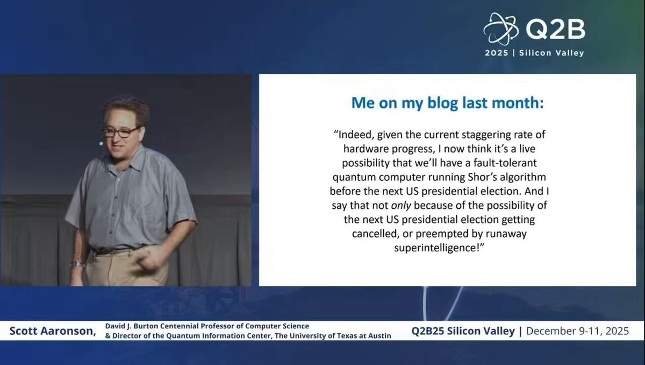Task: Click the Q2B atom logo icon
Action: (501, 29)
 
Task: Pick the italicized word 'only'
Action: (401, 206)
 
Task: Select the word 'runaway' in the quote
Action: (506, 234)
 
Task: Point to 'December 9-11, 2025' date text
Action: (577, 331)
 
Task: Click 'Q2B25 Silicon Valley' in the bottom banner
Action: (463, 331)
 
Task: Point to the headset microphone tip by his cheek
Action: (101, 143)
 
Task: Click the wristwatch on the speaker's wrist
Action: (76, 263)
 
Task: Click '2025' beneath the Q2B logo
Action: (497, 53)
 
